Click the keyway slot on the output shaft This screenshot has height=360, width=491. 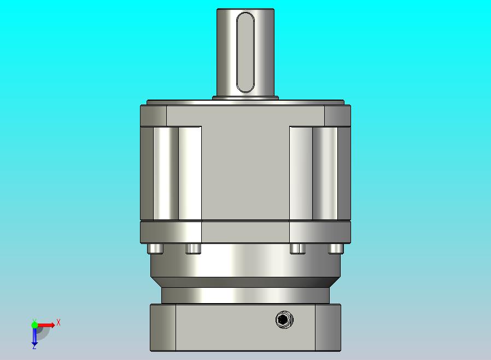[x=245, y=53]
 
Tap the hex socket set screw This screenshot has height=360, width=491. [x=284, y=320]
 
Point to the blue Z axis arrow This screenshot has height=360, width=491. [x=34, y=336]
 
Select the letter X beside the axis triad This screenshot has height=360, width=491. [x=59, y=322]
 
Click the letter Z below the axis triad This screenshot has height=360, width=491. [x=34, y=346]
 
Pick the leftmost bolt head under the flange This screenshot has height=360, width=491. [x=155, y=249]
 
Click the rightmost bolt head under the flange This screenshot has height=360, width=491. [x=336, y=249]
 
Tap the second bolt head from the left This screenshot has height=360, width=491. [x=193, y=249]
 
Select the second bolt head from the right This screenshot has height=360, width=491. [x=297, y=249]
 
